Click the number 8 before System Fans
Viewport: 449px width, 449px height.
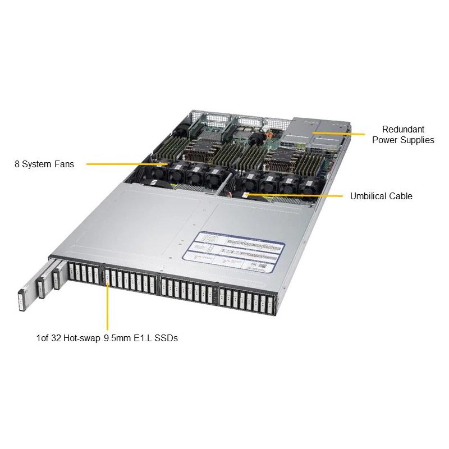17,164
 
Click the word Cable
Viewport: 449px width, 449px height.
401,196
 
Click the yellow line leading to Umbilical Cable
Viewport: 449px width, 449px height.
297,196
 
